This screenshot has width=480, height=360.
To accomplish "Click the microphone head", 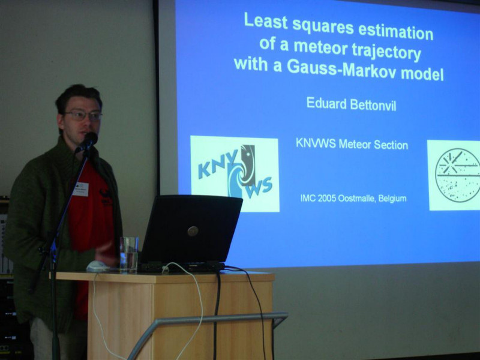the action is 89,140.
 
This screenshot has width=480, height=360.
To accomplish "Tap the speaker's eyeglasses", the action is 83,115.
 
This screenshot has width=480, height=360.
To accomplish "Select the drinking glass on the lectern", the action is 128,254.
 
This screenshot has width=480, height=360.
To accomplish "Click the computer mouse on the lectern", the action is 98,266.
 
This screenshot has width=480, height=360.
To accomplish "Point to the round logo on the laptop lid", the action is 193,231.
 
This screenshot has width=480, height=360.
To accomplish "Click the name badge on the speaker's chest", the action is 81,189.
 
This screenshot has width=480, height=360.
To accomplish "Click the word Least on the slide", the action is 265,22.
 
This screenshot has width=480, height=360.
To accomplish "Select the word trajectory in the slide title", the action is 386,52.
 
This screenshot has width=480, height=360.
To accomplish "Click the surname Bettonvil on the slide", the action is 373,106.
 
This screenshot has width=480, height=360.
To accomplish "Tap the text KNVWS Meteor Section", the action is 352,144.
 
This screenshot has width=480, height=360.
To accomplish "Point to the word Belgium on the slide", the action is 392,199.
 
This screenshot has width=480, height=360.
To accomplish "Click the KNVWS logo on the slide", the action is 235,173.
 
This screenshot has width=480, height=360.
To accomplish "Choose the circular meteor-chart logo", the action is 457,175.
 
